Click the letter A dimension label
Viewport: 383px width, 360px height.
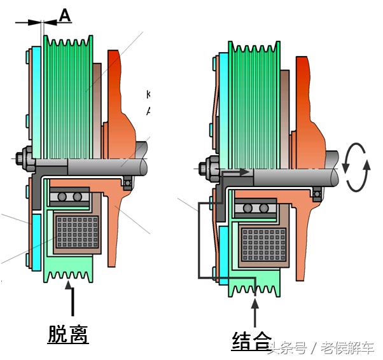tap(65, 15)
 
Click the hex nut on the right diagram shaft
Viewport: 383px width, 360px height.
tap(205, 170)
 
